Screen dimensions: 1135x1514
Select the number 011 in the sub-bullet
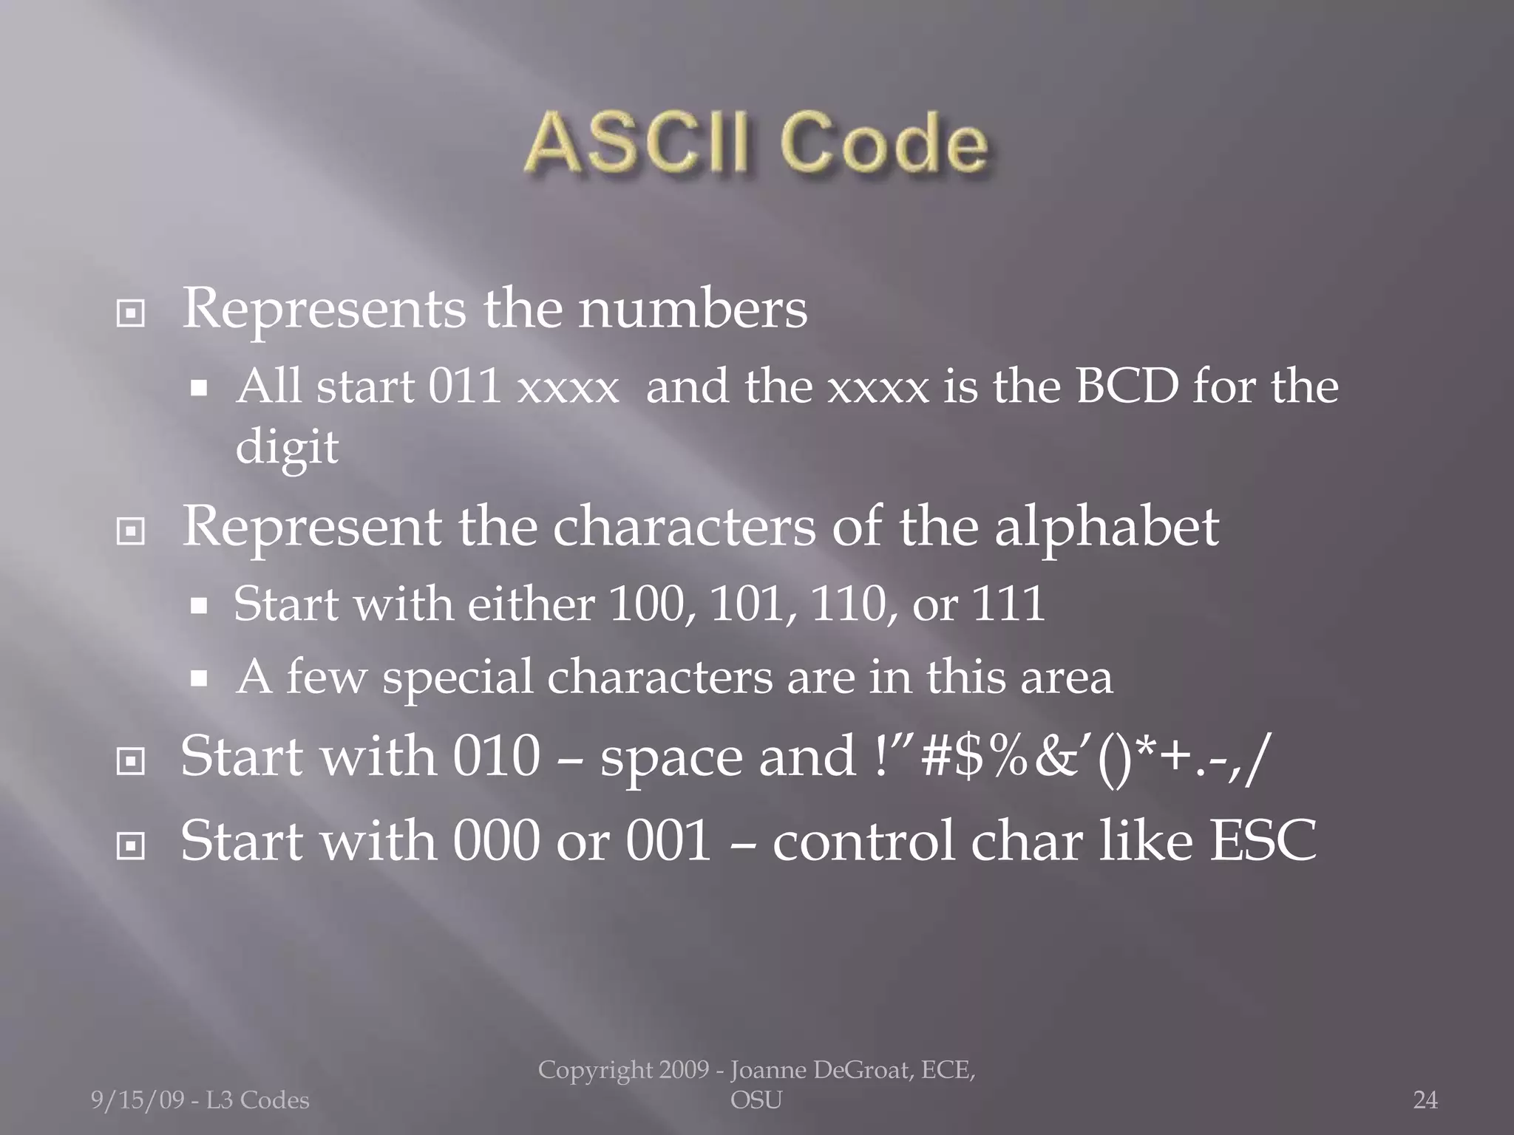tap(466, 387)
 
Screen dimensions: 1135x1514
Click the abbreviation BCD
tap(1127, 387)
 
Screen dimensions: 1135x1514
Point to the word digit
tap(287, 448)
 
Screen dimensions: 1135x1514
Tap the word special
tap(458, 678)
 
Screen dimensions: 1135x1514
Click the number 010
tap(496, 757)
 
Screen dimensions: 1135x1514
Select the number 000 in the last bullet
tap(496, 842)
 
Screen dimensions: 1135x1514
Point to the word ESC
tap(1263, 842)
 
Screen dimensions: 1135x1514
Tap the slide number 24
tap(1425, 1100)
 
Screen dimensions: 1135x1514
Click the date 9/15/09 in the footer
tap(138, 1100)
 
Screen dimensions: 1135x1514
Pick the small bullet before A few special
tap(199, 678)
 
